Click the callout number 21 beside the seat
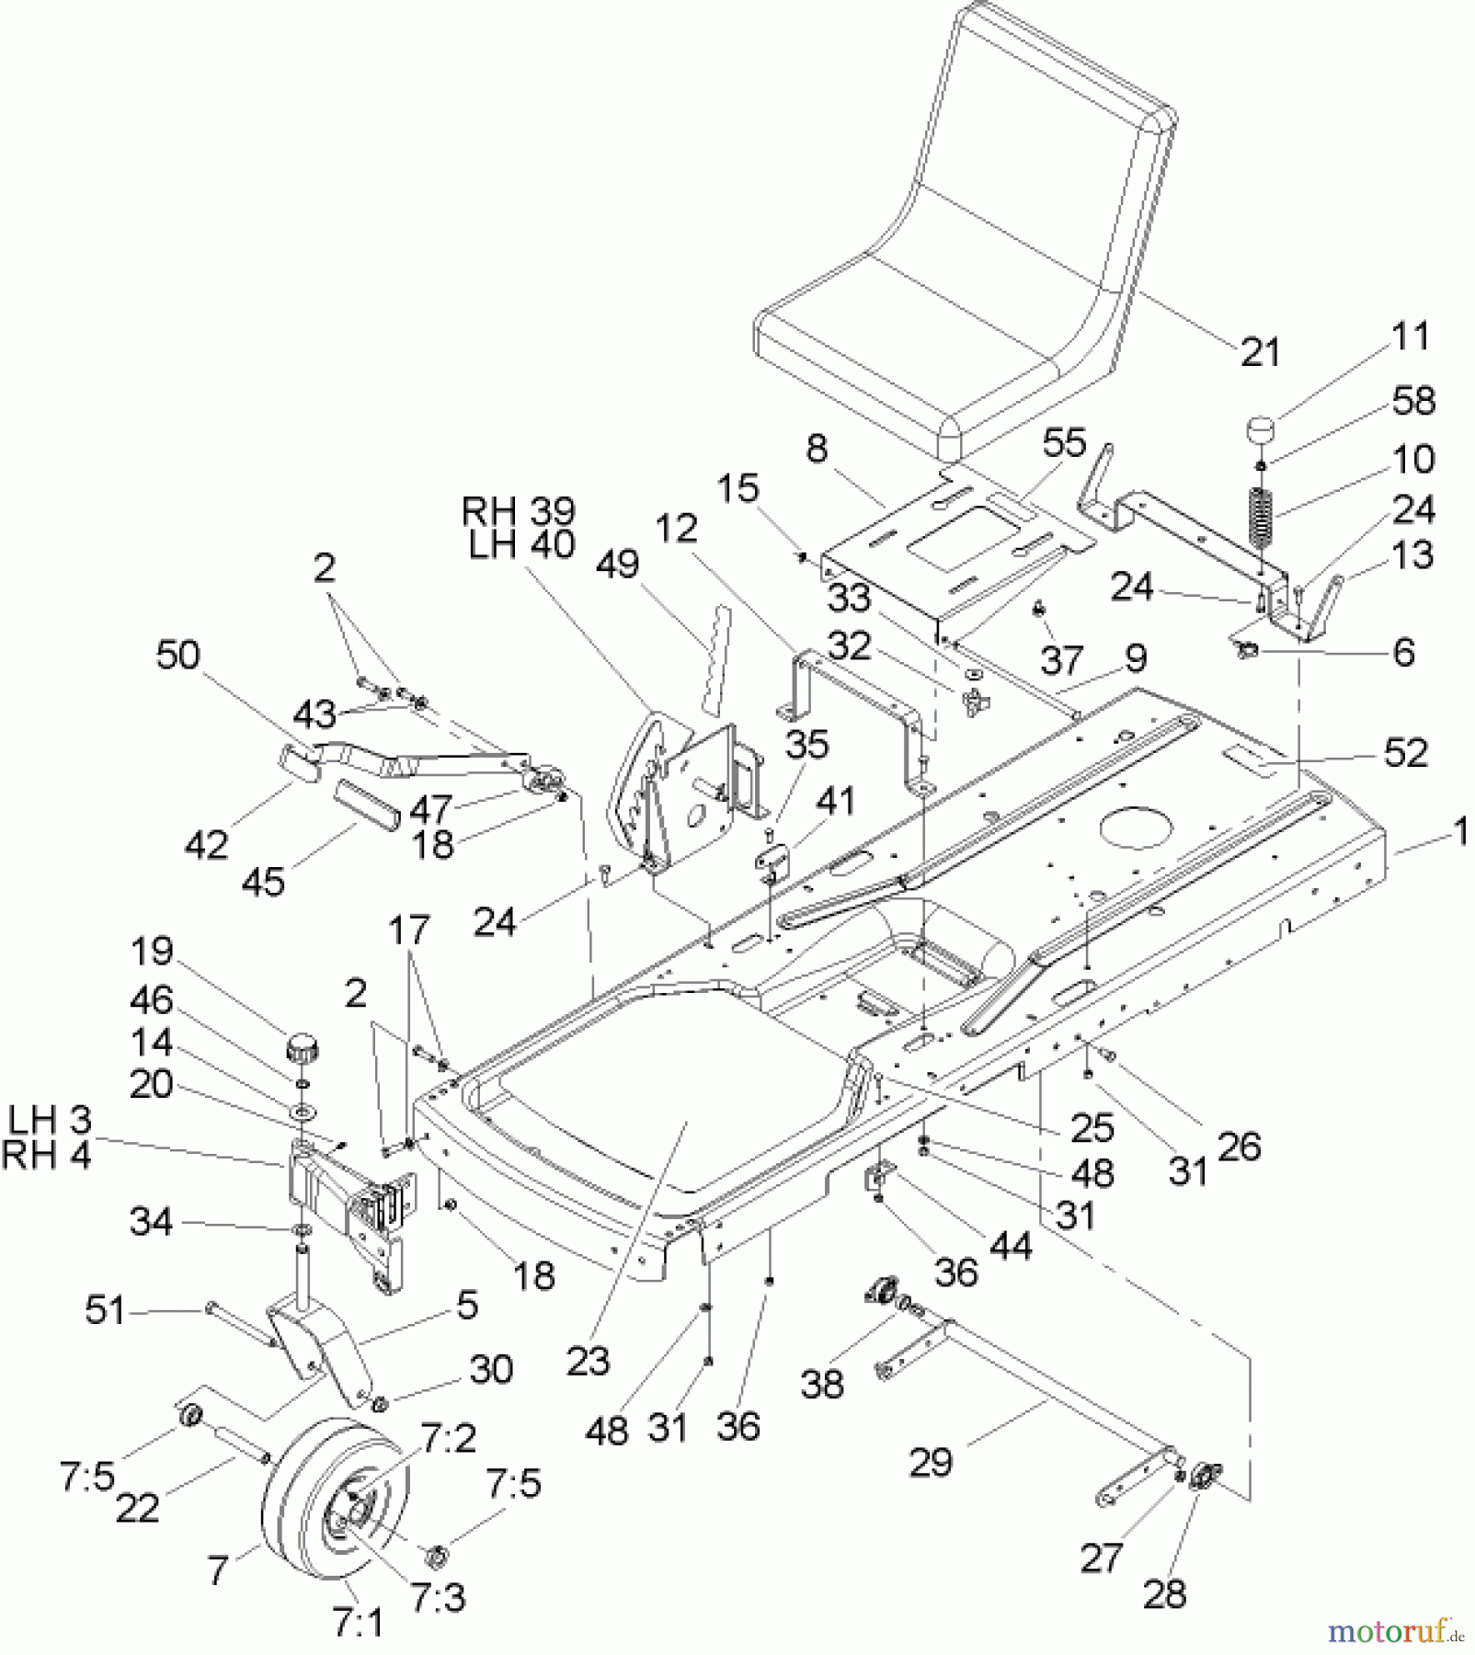click(x=1260, y=352)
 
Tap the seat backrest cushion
click(x=1030, y=156)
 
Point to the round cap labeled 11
click(x=1264, y=432)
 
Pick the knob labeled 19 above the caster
click(x=302, y=1046)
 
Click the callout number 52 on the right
click(x=1405, y=752)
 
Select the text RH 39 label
click(x=518, y=511)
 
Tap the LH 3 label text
click(x=50, y=1120)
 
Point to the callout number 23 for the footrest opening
click(x=588, y=1361)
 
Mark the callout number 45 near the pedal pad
click(x=263, y=882)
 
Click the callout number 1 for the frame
click(x=1460, y=833)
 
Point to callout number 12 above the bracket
click(x=676, y=529)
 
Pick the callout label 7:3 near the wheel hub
click(x=438, y=1598)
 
